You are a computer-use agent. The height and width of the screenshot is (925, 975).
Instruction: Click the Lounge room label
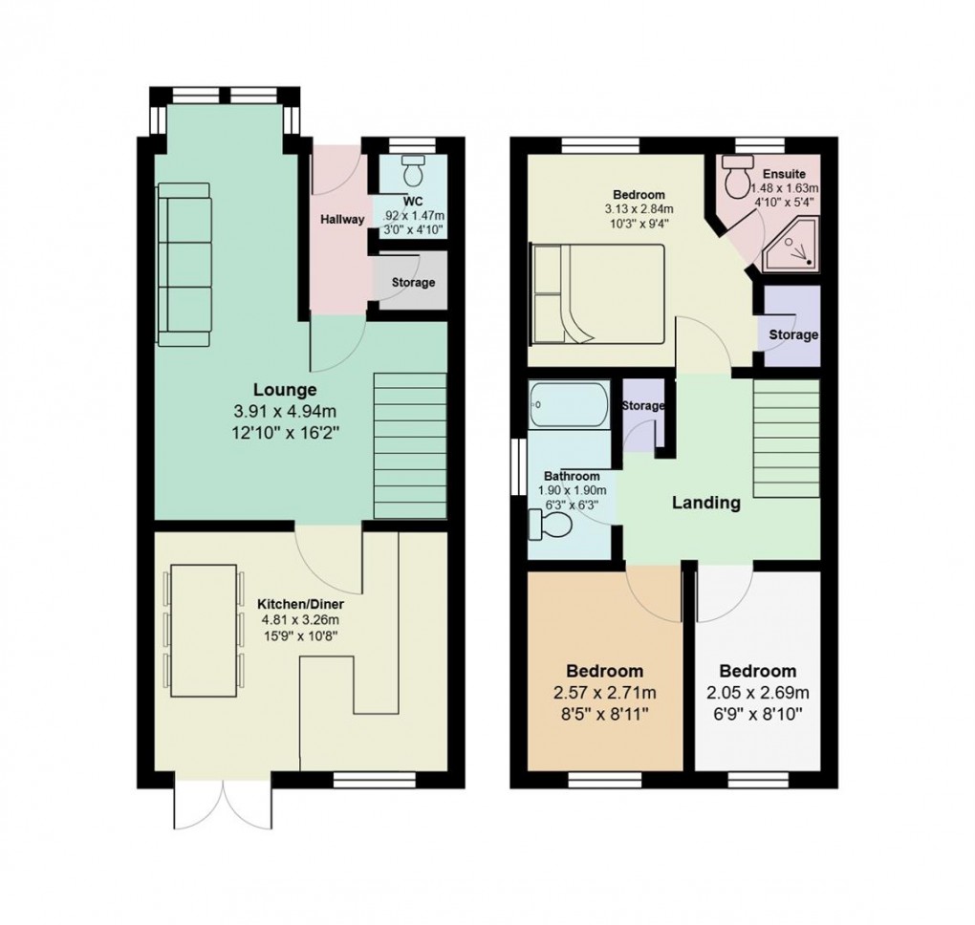(284, 390)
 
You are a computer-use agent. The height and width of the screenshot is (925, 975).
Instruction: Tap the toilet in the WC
(413, 173)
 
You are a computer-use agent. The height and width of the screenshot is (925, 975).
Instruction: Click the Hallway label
(342, 220)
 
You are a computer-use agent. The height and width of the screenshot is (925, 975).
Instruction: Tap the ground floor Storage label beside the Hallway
(413, 282)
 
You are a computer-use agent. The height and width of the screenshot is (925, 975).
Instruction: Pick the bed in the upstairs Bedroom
(597, 293)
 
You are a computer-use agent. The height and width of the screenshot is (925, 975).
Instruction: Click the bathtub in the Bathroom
(569, 405)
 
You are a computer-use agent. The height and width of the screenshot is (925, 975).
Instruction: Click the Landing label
(705, 503)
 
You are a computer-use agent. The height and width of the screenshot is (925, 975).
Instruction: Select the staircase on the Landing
(786, 437)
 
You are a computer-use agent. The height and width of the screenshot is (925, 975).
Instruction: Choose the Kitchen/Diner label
(300, 605)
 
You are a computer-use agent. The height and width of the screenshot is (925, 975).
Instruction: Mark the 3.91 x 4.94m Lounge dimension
(284, 412)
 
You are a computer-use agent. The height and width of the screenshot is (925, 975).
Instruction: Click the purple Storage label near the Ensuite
(792, 334)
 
